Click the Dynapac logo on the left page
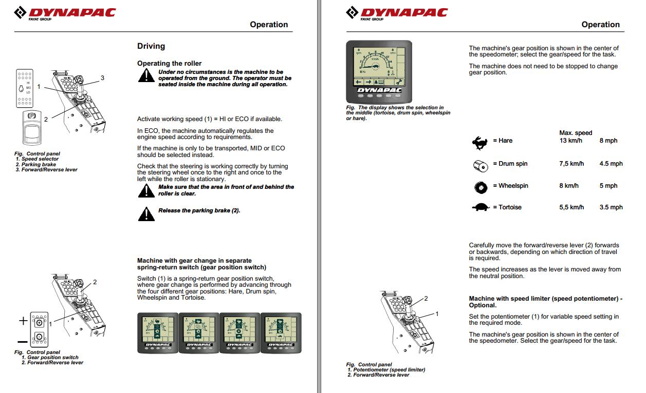pos(65,13)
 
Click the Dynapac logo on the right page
pos(397,13)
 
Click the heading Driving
pos(151,46)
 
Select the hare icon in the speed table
pos(480,142)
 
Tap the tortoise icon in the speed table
pos(481,207)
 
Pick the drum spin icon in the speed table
pos(480,165)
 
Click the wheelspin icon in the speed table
pos(480,187)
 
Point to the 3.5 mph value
pos(611,207)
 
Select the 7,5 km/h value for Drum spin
pos(571,164)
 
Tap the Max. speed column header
pos(576,133)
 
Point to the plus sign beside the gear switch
pos(23,321)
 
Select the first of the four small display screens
pos(157,332)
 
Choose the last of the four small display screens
pos(281,332)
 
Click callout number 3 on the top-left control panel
pos(102,77)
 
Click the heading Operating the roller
pos(169,64)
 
